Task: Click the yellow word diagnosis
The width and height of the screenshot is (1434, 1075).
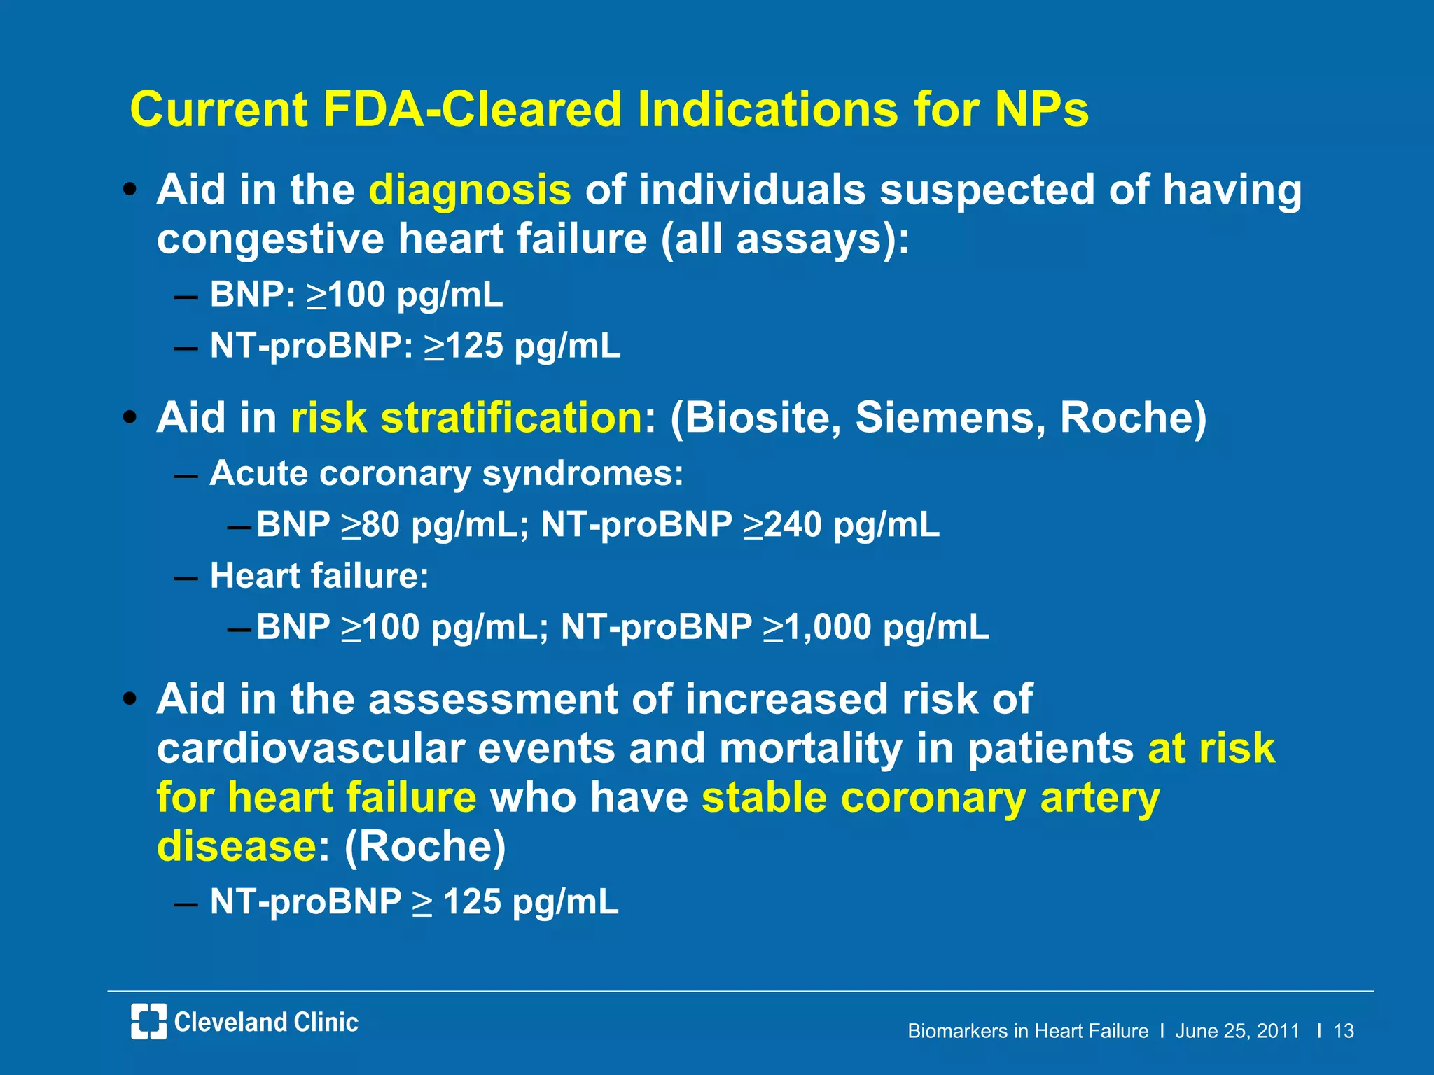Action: tap(469, 191)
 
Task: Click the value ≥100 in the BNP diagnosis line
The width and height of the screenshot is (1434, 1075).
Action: tap(347, 295)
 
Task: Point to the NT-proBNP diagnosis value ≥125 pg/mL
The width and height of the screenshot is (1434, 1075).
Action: tap(522, 346)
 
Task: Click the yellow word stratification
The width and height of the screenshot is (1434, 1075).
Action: tap(511, 418)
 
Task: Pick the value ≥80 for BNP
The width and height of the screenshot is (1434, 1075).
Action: tap(370, 525)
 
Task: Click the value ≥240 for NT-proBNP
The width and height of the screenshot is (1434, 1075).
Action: tap(782, 525)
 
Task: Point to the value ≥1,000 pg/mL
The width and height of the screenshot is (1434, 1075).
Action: tap(875, 627)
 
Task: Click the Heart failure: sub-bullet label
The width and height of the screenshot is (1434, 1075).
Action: tap(319, 576)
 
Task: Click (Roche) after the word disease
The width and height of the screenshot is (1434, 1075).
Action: tap(425, 847)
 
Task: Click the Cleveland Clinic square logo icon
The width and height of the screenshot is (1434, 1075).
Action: tap(148, 1021)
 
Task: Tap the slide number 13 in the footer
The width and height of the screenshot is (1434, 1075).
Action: tap(1343, 1031)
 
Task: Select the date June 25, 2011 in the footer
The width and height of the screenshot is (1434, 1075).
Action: tap(1237, 1031)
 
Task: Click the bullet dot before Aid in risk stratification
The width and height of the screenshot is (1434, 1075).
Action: tap(129, 418)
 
